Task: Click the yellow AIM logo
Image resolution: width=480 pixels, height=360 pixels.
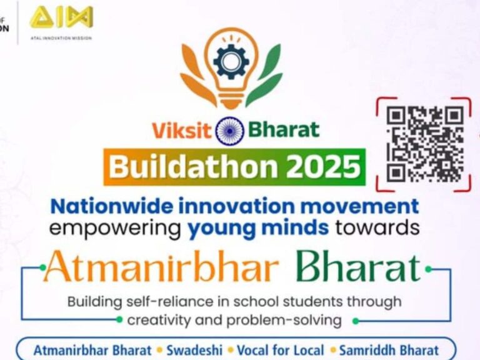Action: [x=61, y=17]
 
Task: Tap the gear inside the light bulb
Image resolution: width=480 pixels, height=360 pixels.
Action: [x=231, y=60]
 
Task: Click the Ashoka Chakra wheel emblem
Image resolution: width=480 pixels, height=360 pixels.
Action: [x=229, y=131]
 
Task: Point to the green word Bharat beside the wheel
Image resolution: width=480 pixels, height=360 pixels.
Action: [x=284, y=130]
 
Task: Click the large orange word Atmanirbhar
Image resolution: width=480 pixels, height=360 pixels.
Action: [x=161, y=267]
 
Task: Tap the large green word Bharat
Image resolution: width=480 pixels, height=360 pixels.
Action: [x=358, y=267]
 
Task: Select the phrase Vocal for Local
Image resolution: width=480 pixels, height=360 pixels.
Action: [x=281, y=350]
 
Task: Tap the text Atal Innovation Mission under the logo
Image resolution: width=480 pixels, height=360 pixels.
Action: [x=61, y=38]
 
